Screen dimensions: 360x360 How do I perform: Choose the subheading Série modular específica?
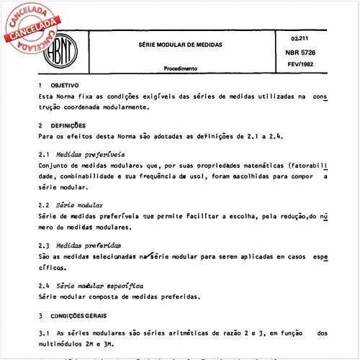pyautogui.click(x=100, y=286)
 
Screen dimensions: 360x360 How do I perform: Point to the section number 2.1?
pyautogui.click(x=43, y=154)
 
